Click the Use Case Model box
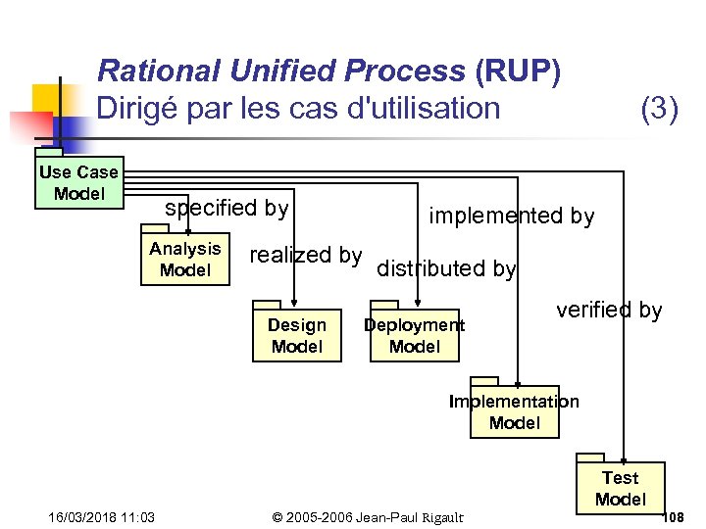78,183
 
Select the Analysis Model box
184,260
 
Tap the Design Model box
296,336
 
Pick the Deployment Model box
414,336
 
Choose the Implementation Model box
514,411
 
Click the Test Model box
620,488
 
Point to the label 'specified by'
227,208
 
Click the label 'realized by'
306,256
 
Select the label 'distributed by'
446,268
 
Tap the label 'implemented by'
512,216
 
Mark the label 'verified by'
609,311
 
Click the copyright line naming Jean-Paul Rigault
369,517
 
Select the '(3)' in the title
659,108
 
